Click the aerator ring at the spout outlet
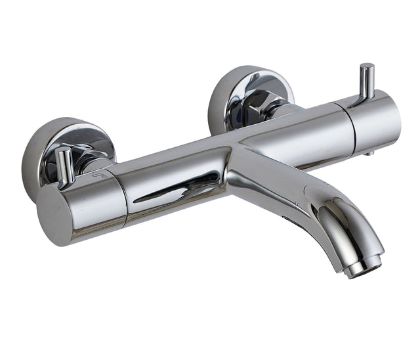point(366,265)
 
